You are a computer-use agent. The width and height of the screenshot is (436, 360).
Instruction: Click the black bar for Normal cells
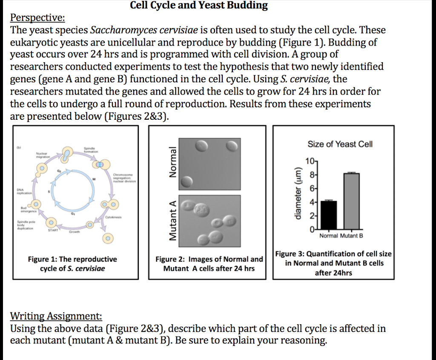[328, 215]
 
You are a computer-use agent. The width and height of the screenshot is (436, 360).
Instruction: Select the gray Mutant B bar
[351, 201]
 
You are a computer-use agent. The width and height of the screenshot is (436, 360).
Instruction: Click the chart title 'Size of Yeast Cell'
[340, 144]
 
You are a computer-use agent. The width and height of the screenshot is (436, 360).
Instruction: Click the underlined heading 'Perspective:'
[37, 18]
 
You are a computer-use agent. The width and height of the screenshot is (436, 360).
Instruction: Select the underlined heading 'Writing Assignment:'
[56, 316]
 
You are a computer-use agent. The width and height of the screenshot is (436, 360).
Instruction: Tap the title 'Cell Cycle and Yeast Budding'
[199, 6]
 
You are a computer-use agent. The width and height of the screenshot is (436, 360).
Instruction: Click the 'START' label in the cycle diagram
[53, 230]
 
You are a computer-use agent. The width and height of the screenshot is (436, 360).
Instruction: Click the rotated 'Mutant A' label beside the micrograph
[172, 221]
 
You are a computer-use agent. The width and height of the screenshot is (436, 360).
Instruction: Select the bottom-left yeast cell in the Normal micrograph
[186, 182]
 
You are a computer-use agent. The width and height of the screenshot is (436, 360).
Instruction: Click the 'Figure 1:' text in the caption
[42, 259]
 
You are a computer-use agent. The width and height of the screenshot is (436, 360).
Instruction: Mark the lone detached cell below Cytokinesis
[109, 237]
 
